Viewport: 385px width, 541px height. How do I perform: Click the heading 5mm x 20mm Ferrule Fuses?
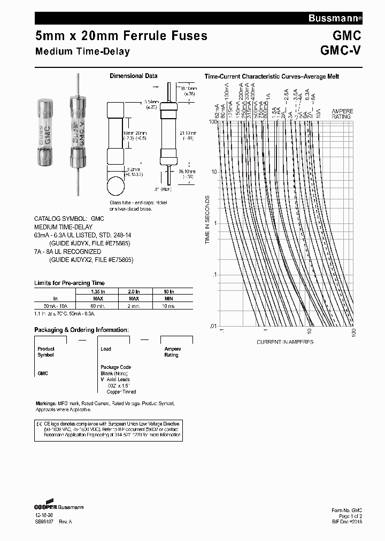(x=121, y=36)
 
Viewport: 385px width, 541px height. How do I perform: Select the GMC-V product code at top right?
(x=341, y=51)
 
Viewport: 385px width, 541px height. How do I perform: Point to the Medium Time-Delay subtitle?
(x=82, y=52)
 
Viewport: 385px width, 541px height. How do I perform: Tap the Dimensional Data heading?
(x=133, y=76)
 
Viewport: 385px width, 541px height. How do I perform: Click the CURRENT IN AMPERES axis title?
(x=285, y=342)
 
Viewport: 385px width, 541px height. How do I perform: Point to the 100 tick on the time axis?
(x=212, y=122)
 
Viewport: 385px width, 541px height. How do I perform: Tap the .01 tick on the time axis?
(x=213, y=326)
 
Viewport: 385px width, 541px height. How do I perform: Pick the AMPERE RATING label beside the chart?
(x=342, y=114)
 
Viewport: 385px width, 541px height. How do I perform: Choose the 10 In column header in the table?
(x=169, y=291)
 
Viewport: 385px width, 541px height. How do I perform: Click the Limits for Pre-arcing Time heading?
(x=70, y=283)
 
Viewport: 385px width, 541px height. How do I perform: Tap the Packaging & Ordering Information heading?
(x=81, y=330)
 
